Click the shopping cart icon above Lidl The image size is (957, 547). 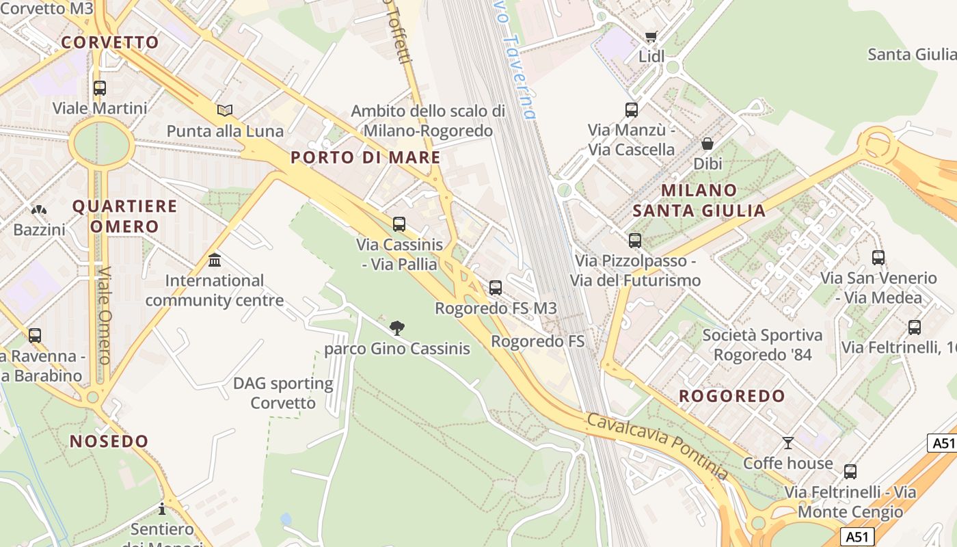pos(651,37)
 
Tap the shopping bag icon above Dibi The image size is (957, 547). pos(707,144)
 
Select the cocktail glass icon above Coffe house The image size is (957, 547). pos(788,443)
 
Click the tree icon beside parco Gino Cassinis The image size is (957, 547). pos(396,328)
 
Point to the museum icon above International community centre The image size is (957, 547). pos(215,261)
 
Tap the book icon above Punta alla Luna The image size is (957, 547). pos(225,110)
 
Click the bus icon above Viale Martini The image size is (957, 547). pos(100,88)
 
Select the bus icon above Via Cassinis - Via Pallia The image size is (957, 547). pos(399,224)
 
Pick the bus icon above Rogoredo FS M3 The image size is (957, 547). pos(496,288)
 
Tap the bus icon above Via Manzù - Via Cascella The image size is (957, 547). pos(632,109)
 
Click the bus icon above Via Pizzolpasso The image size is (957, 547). pos(635,241)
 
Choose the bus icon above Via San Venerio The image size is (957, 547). pos(878,258)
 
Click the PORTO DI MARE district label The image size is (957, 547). pos(366,157)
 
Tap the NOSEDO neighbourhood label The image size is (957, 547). pos(109,441)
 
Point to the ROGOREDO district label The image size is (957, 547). pos(732,396)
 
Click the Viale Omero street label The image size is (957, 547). pos(104,315)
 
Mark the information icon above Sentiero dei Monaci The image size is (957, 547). pos(162,509)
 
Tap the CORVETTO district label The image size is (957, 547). pos(110,42)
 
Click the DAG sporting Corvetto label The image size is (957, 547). pos(283,393)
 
